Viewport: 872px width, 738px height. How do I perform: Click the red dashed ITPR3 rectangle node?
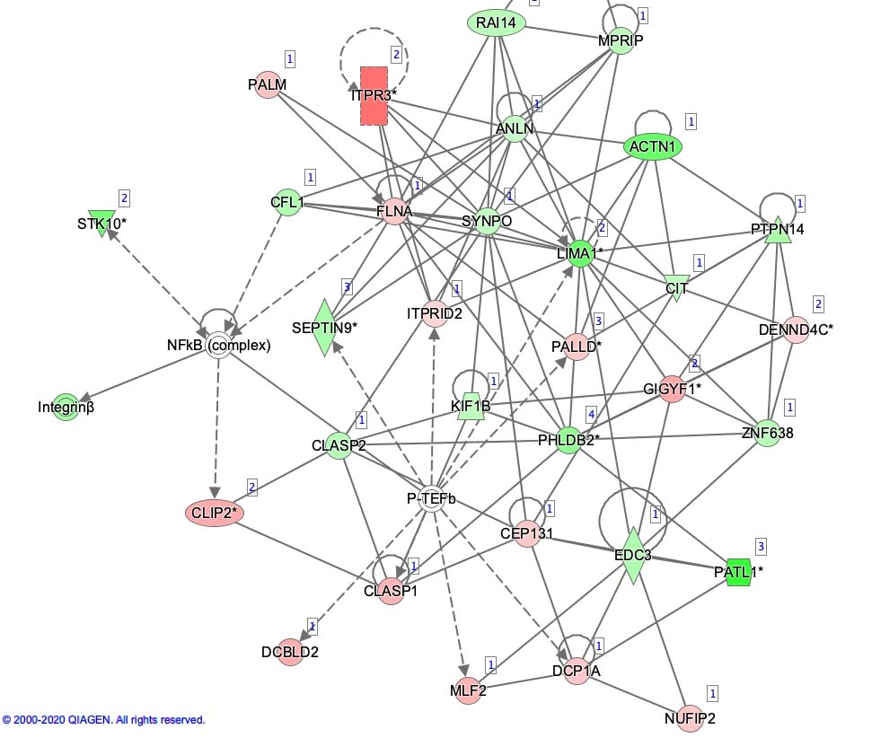pos(374,95)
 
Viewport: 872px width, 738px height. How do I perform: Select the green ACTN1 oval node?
pos(652,146)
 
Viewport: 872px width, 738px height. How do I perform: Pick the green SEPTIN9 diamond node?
pos(325,328)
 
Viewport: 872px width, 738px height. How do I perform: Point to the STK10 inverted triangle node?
pos(101,223)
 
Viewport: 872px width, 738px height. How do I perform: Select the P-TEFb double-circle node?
pos(432,500)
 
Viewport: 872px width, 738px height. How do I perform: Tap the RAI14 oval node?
pos(497,23)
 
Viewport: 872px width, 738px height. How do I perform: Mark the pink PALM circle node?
pos(268,84)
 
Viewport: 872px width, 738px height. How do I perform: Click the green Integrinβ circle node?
pos(66,407)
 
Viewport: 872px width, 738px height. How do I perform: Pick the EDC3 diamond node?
pos(632,555)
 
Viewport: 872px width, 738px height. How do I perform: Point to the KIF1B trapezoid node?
pos(470,406)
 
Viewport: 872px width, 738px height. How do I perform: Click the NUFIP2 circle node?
pos(690,718)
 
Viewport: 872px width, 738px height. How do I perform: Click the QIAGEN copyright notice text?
pos(103,720)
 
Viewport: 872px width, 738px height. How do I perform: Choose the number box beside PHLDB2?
pos(591,414)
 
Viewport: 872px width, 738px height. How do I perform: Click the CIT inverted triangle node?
pos(676,288)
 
